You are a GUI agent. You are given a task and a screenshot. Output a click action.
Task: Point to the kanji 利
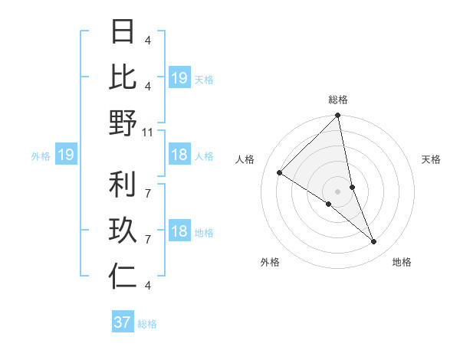[x=123, y=185]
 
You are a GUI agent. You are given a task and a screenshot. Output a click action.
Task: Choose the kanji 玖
[x=123, y=231]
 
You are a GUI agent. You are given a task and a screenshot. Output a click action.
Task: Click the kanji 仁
[x=123, y=277]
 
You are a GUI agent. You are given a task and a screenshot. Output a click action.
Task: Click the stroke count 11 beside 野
[x=149, y=132]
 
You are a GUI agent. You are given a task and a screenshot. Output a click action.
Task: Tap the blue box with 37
[x=123, y=322]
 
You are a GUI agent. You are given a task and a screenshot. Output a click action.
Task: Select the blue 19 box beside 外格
[x=65, y=155]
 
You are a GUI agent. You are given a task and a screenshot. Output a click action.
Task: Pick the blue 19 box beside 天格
[x=179, y=78]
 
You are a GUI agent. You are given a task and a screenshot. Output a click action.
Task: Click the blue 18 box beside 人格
[x=179, y=155]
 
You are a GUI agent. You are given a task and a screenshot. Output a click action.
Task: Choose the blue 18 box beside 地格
[x=179, y=232]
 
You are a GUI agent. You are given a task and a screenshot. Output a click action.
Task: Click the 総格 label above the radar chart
[x=338, y=100]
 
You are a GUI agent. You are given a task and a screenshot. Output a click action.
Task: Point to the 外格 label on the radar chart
[x=270, y=262]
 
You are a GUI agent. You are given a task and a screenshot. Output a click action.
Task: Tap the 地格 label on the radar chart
[x=402, y=262]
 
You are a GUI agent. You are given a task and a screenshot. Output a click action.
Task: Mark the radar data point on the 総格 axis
[x=337, y=116]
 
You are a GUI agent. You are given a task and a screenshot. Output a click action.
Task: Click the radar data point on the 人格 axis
[x=280, y=173]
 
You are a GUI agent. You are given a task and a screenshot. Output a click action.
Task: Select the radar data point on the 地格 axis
[x=374, y=242]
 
